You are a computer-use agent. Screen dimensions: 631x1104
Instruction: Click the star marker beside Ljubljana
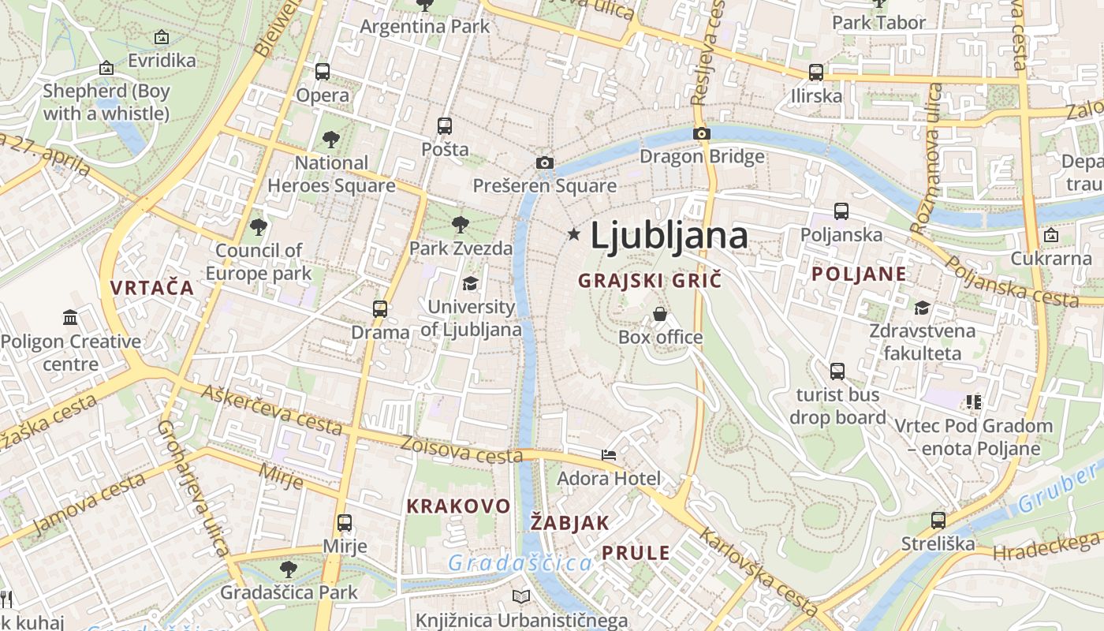click(574, 234)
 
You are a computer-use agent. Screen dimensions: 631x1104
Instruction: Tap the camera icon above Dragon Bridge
click(701, 133)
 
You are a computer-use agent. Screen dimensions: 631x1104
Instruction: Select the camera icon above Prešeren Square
click(544, 162)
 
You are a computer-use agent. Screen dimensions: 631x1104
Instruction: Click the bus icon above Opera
click(323, 72)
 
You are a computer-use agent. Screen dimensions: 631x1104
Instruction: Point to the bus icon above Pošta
click(445, 125)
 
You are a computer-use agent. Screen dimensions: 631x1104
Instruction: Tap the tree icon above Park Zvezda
click(461, 225)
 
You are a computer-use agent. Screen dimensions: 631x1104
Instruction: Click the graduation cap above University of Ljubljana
click(470, 283)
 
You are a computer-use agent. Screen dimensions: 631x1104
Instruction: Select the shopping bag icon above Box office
click(660, 314)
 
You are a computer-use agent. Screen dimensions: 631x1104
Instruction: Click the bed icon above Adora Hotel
click(609, 454)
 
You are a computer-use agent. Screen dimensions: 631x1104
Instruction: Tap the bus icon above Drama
click(380, 308)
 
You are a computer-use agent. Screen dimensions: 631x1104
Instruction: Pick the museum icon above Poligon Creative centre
click(70, 318)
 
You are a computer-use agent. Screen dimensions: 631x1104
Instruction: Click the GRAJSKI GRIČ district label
click(650, 281)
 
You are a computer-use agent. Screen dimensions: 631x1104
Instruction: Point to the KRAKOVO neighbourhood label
click(458, 506)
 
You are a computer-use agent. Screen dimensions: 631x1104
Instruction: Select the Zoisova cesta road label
click(461, 450)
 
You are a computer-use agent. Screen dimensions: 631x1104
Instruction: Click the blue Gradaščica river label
click(520, 563)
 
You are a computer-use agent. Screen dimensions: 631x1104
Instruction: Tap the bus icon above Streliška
click(938, 521)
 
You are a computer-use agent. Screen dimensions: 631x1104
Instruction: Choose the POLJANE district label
click(859, 274)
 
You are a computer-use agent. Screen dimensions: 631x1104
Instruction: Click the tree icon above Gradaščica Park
click(289, 569)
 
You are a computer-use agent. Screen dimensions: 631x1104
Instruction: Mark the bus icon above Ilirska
click(816, 73)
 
